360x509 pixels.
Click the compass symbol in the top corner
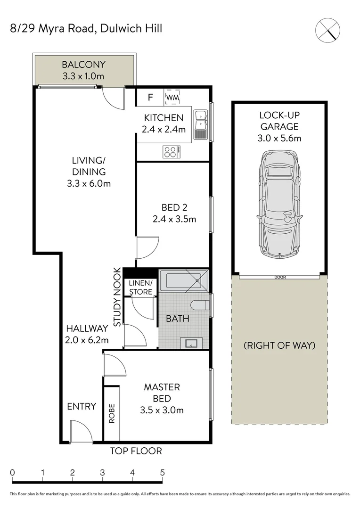(x=327, y=29)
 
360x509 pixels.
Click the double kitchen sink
(x=201, y=123)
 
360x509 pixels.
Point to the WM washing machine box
(x=173, y=98)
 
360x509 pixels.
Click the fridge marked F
(x=150, y=98)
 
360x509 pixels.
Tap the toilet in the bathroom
(x=203, y=305)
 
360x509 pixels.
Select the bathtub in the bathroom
(x=183, y=281)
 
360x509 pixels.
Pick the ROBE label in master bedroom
(x=112, y=413)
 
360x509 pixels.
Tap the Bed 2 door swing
(x=147, y=248)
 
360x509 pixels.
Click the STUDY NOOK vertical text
(x=117, y=297)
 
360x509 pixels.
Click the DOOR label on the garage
(x=280, y=277)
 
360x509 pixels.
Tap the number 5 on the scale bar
(x=163, y=472)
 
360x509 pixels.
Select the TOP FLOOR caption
(x=136, y=451)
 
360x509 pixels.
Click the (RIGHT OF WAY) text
(x=279, y=345)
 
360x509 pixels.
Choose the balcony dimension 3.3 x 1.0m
(x=83, y=75)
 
